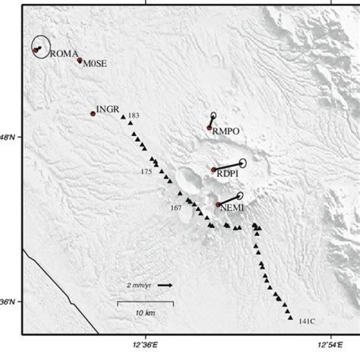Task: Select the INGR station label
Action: pos(108,109)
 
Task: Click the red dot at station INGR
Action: pos(93,113)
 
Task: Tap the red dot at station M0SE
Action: pos(80,60)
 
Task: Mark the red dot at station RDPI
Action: pos(213,169)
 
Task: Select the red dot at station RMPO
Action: pos(210,128)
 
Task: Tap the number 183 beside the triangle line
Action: pos(134,115)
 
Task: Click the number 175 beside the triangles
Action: pos(146,172)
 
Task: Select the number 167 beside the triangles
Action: pos(175,207)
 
